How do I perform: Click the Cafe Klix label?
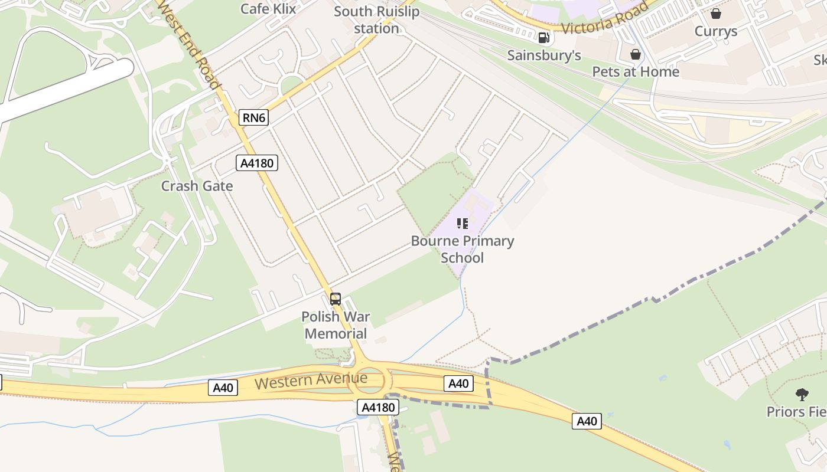268,8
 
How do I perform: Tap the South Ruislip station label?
376,19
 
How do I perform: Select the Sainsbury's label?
544,55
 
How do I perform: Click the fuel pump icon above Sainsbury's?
544,38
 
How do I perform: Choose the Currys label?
716,31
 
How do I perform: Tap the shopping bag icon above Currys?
716,14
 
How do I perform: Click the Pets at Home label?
636,71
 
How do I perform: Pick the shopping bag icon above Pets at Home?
636,55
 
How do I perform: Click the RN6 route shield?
254,117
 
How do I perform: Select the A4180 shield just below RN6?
257,163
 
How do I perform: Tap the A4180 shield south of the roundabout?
377,407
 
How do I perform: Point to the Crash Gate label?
197,186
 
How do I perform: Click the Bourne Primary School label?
463,249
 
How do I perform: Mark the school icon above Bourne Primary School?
463,224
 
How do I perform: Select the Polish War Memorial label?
336,324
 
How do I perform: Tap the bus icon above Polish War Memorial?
336,299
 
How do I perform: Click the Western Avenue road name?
311,381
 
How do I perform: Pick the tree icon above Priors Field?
802,394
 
